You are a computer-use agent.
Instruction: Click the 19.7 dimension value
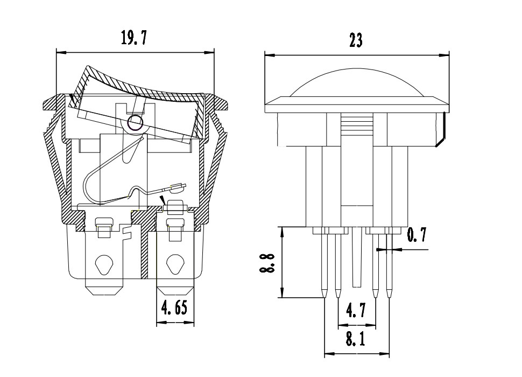[133, 37]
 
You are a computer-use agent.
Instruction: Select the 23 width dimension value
[356, 40]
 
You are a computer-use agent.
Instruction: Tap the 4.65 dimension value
[174, 308]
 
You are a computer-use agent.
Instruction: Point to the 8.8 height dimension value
[267, 263]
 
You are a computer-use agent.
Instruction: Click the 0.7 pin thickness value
[417, 235]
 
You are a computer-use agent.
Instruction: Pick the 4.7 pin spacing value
[356, 310]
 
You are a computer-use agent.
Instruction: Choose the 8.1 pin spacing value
[356, 339]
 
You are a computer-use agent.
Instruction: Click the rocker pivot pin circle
[136, 122]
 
